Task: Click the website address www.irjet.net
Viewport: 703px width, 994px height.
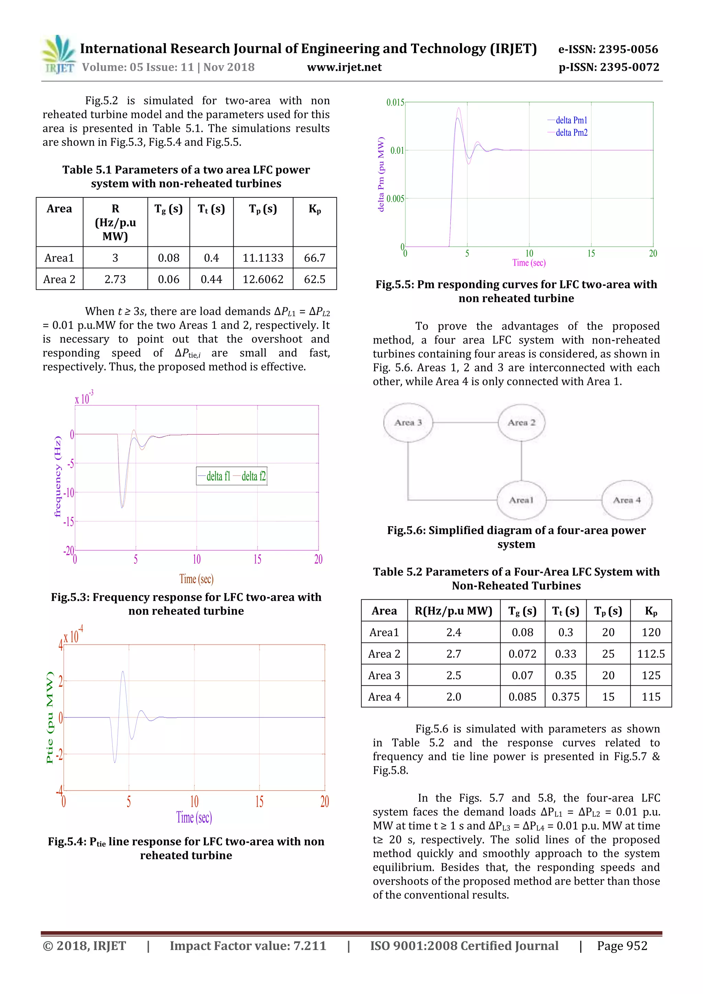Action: coord(344,67)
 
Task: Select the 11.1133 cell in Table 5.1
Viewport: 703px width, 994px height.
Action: coord(263,258)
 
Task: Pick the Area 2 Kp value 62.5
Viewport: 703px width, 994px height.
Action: coord(314,279)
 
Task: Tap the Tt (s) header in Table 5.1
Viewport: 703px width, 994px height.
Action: coord(211,209)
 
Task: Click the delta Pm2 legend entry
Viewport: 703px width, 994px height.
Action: coord(572,132)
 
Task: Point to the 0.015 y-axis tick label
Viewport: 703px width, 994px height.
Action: coord(395,103)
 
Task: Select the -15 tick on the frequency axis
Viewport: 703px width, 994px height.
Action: coord(68,522)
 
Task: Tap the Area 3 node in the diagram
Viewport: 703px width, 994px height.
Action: coord(408,423)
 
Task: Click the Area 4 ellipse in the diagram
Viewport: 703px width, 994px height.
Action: coord(626,500)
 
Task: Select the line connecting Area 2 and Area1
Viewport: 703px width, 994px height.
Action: coord(521,461)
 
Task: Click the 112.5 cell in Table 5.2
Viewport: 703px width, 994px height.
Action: coord(650,654)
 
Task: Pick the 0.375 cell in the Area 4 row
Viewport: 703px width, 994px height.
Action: coord(565,696)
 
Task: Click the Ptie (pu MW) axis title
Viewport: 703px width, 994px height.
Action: coord(50,717)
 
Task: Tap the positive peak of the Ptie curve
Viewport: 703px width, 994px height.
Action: coord(123,672)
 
